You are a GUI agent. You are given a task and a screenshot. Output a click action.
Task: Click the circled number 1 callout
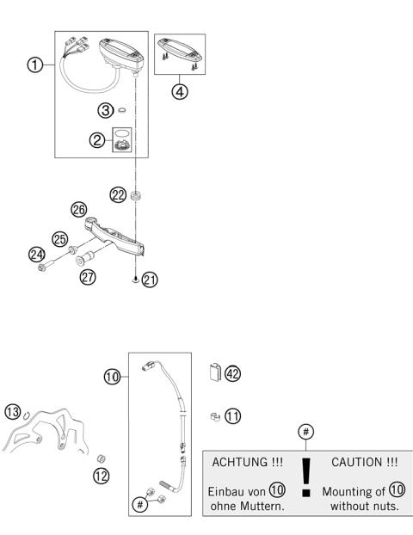tap(35, 66)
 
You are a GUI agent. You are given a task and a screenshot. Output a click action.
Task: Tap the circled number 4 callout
tap(180, 92)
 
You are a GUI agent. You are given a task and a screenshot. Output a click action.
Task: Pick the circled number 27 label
tap(88, 277)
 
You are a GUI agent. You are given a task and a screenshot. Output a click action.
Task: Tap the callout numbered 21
tap(150, 279)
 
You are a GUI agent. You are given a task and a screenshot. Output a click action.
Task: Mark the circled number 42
tap(232, 373)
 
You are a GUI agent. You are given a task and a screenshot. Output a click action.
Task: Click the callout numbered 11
tap(232, 415)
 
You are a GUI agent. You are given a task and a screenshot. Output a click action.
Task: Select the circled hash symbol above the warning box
tap(305, 430)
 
